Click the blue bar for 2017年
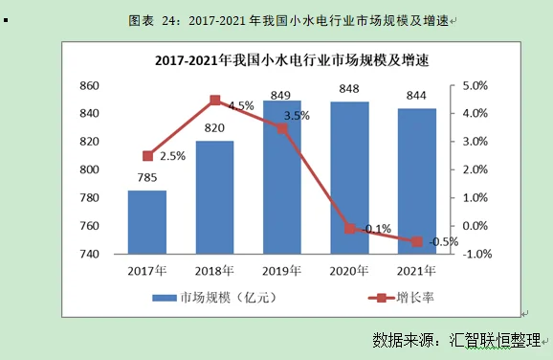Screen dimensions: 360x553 click(147, 222)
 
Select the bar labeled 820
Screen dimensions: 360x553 click(214, 197)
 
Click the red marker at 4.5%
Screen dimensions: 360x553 click(214, 100)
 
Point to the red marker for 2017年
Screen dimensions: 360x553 click(147, 156)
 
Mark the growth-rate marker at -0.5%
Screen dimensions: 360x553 click(416, 241)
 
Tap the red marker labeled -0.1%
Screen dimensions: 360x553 click(349, 229)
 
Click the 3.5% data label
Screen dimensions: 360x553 click(298, 116)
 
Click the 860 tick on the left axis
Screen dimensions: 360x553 click(90, 86)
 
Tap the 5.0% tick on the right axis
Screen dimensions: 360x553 click(476, 86)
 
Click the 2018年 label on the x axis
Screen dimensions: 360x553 click(214, 269)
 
